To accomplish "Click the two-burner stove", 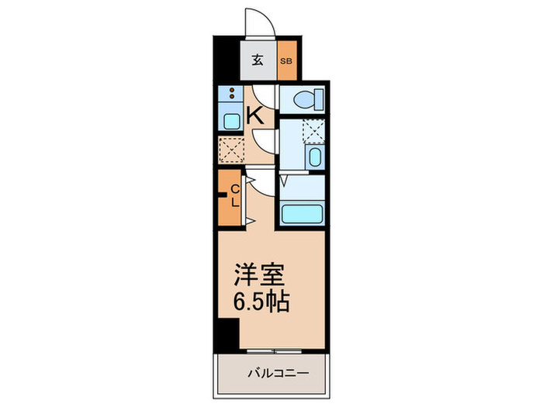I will [230, 97].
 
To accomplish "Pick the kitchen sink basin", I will [230, 121].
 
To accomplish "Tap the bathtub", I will [301, 214].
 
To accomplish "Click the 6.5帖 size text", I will [263, 302].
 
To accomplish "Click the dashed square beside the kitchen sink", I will [230, 148].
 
